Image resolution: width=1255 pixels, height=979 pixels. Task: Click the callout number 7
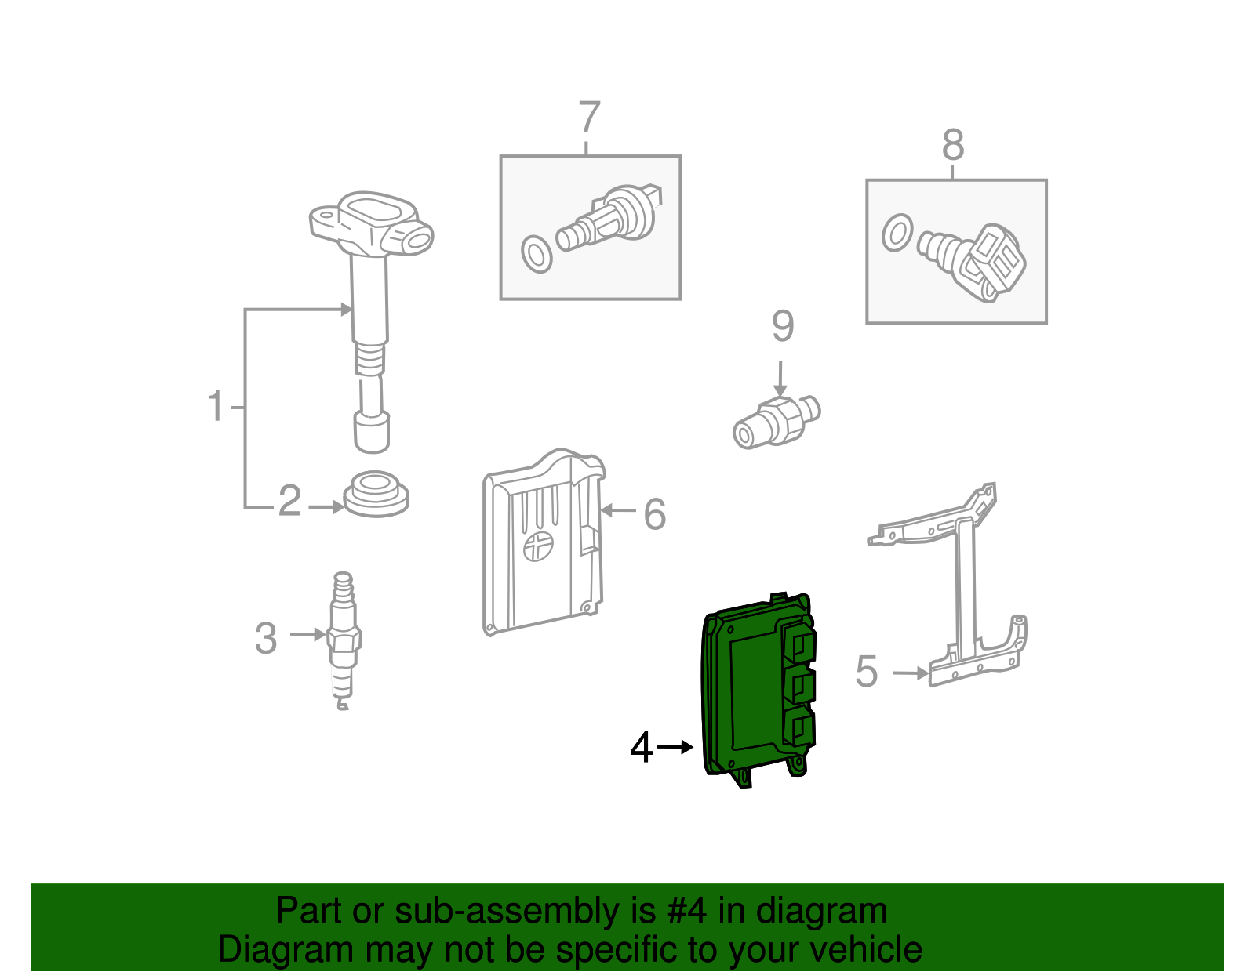tap(589, 117)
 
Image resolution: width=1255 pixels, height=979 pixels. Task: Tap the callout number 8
tap(953, 144)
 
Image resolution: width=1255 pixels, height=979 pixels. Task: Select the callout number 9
tap(783, 326)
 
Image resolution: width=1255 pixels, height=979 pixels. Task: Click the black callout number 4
tap(641, 747)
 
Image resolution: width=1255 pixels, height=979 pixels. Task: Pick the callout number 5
tap(866, 672)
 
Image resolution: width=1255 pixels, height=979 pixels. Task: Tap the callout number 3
tap(266, 638)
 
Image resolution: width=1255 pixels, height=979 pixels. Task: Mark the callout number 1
tap(216, 405)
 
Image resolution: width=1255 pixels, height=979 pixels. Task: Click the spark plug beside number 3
tap(344, 640)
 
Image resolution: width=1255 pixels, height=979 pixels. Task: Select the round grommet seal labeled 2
tap(376, 494)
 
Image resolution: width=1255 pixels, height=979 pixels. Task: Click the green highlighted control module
tap(758, 690)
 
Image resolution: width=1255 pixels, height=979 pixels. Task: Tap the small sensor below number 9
tap(777, 422)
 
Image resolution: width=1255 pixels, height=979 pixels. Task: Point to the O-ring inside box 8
tap(897, 233)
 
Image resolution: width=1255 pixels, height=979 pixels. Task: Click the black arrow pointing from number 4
tap(675, 747)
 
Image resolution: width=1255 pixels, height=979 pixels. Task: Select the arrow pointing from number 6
tap(618, 510)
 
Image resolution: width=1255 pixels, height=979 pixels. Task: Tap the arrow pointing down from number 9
tap(780, 379)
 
